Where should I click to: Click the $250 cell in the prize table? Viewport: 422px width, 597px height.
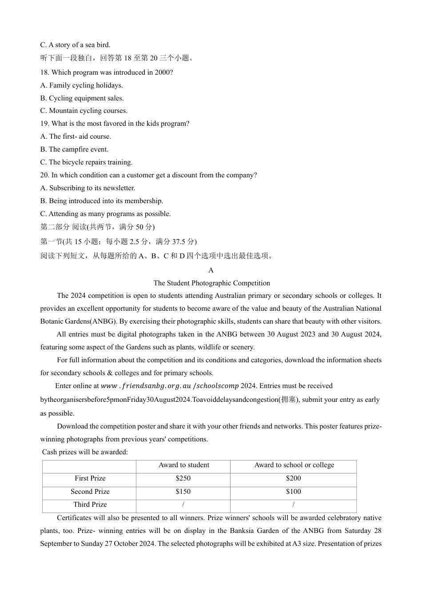tap(183, 478)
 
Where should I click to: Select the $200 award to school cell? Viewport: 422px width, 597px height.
tap(293, 478)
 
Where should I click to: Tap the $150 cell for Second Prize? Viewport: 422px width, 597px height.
tap(183, 492)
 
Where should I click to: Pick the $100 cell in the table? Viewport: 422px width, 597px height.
tap(293, 492)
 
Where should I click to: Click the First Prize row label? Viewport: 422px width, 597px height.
tap(90, 478)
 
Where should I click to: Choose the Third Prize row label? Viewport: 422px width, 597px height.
tap(90, 505)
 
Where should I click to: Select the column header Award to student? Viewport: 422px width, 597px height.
tap(183, 465)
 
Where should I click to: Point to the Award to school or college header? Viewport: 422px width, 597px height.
tap(294, 465)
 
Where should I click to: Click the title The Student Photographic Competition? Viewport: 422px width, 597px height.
tap(211, 283)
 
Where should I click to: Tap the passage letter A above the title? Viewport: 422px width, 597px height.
tap(211, 270)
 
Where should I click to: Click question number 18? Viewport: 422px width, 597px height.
tap(44, 72)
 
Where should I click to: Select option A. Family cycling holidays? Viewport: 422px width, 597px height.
tap(81, 85)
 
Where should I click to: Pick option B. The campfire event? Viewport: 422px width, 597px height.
tap(74, 149)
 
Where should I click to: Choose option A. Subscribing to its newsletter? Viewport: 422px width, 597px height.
tap(88, 188)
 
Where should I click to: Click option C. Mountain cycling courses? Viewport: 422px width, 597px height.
tap(84, 111)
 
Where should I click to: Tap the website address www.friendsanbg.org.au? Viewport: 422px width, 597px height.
tap(146, 386)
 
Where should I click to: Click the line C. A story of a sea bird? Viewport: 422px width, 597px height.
tap(75, 45)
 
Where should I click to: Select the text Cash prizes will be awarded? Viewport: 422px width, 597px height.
tap(85, 452)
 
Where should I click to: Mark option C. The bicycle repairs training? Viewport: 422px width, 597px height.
tap(86, 162)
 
